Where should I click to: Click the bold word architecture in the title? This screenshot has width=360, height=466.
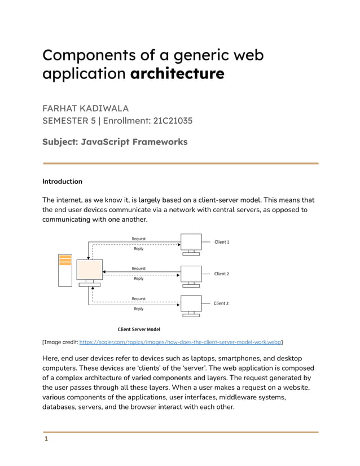pos(177,74)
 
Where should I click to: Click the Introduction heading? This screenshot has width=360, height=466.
pos(62,182)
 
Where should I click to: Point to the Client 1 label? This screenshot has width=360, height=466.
pos(221,242)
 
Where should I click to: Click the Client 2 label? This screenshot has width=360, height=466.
pos(221,274)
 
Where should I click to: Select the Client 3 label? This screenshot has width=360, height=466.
pos(221,304)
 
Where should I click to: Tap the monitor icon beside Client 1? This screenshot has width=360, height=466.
pos(191,243)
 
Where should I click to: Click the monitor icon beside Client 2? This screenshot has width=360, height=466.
pos(191,275)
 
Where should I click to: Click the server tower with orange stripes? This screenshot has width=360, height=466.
pos(65,270)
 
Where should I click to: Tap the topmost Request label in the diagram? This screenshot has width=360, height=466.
pos(138,239)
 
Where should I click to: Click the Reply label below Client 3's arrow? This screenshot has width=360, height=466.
pos(138,309)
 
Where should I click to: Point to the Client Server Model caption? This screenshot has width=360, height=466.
pos(138,329)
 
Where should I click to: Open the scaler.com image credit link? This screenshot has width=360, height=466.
pos(181,342)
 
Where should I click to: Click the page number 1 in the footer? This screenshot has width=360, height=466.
pos(45,439)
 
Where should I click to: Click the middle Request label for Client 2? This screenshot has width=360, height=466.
pos(138,269)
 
